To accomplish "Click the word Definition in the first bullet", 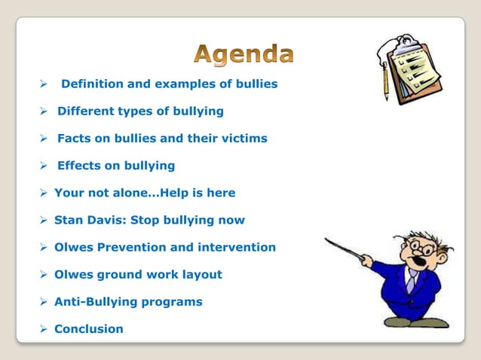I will pos(90,84).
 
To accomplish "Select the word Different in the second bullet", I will pos(86,111).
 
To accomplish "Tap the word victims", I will pos(243,139).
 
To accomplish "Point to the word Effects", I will pos(80,166).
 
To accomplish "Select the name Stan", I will pos(68,220).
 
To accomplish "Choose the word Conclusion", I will pos(88,328).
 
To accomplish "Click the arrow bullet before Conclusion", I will pos(44,328).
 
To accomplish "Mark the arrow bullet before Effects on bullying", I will pos(44,166).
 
